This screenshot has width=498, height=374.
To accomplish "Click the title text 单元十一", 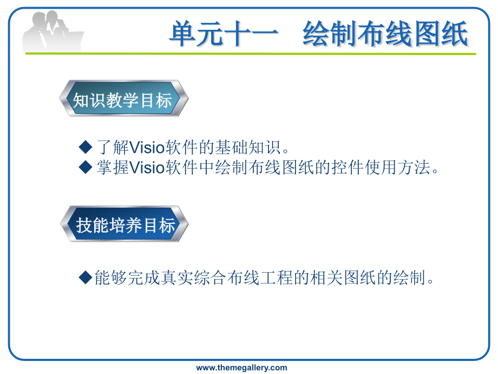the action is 224,34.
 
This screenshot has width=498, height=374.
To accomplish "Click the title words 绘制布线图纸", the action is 385,34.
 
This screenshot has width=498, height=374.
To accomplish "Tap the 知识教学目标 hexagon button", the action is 123,98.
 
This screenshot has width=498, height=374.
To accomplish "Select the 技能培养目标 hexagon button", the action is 124,224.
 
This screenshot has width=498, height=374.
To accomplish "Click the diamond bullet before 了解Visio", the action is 85,146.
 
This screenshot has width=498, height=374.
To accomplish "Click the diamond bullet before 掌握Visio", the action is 85,167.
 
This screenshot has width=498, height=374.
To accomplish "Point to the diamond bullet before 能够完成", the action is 85,277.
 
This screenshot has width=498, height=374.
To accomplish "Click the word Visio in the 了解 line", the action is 147,147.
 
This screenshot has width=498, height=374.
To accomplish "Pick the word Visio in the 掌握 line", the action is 147,167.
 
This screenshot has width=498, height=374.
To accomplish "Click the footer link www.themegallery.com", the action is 242,368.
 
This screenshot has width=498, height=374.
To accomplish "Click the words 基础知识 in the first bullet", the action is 248,147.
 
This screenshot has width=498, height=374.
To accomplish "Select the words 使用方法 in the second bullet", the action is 398,167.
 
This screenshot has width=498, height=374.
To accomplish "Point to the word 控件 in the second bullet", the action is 348,167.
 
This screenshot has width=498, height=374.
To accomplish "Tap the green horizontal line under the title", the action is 251,54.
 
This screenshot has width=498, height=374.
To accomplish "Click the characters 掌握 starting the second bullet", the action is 113,167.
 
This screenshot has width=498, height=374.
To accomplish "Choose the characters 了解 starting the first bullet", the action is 113,147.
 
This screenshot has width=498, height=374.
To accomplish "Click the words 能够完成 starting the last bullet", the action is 127,278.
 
